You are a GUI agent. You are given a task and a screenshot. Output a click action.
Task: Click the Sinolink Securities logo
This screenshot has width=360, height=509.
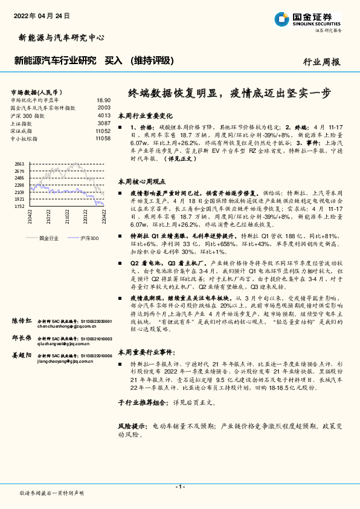(307, 19)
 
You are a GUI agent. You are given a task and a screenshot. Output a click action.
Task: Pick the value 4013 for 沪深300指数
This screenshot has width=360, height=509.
(104, 115)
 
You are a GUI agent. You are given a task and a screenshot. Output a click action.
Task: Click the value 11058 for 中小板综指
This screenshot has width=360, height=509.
(103, 138)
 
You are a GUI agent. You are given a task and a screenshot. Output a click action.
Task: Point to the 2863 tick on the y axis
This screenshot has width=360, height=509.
(19, 164)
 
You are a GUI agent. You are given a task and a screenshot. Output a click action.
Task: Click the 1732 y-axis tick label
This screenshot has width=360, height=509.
(19, 206)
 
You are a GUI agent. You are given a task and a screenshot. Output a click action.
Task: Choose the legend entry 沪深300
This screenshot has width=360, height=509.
(88, 238)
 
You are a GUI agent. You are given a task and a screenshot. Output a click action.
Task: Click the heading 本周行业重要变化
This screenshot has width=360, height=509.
(145, 115)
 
